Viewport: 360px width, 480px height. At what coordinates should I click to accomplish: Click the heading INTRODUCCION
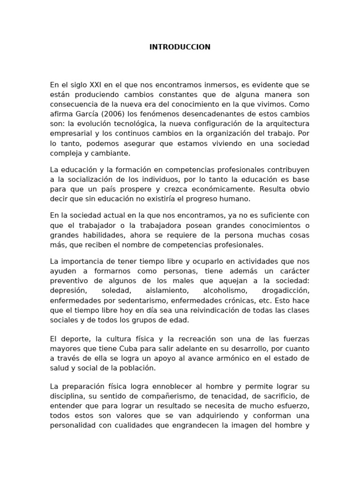coord(180,47)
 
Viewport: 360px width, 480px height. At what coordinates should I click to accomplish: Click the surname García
coord(89,114)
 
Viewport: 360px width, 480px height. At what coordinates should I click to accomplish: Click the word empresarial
coord(70,134)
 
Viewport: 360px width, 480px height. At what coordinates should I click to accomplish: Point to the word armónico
coord(244,359)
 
